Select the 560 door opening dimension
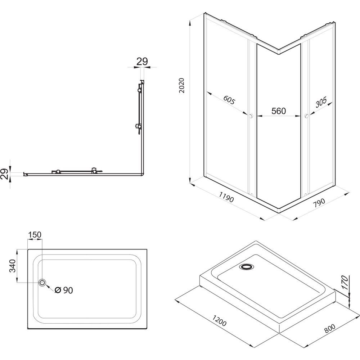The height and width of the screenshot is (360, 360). (x=278, y=111)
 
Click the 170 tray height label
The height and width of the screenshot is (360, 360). (x=345, y=283)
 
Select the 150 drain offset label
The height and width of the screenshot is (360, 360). (x=35, y=235)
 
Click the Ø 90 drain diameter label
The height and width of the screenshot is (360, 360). (x=64, y=290)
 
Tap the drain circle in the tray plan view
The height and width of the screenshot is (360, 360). (x=43, y=283)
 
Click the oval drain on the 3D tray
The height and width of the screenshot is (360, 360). (x=247, y=267)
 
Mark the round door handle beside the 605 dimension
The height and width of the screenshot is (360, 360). (x=251, y=116)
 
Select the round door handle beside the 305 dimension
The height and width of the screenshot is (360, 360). (x=306, y=116)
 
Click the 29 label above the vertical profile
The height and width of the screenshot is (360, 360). (x=143, y=62)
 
